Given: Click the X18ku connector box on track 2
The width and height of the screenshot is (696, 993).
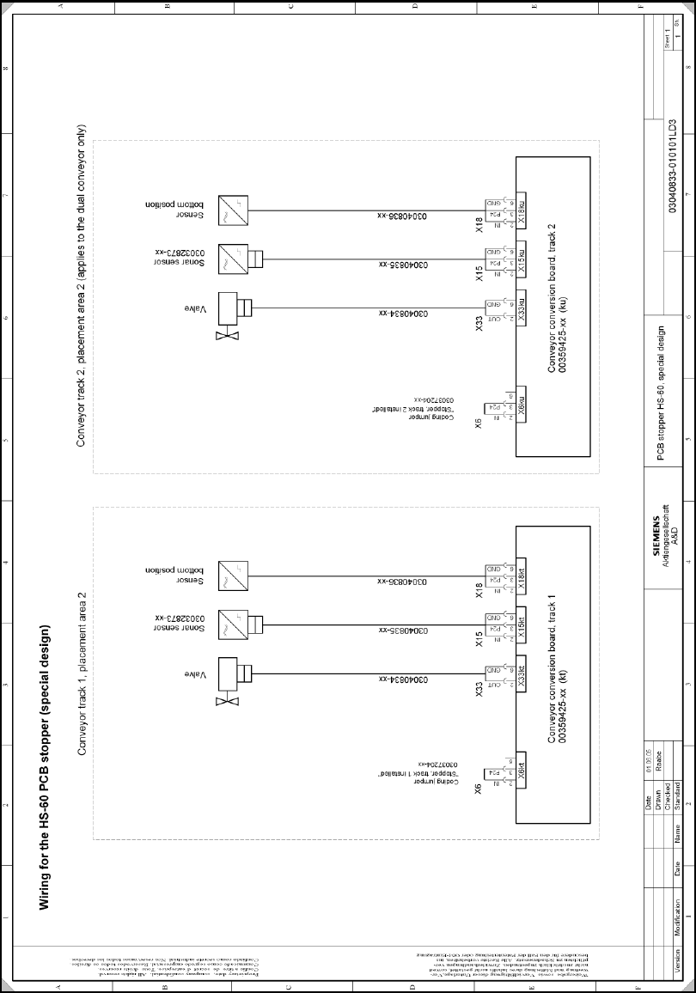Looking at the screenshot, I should tap(522, 214).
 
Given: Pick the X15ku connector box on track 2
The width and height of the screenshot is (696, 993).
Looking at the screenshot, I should tap(522, 263).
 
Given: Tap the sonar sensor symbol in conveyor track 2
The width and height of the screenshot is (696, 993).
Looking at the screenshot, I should tap(236, 258).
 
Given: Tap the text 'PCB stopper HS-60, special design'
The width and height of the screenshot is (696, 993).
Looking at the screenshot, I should tap(659, 393).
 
